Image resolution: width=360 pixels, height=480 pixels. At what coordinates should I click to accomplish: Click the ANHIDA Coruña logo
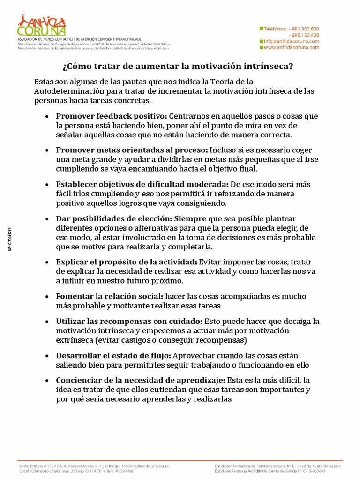(x=41, y=25)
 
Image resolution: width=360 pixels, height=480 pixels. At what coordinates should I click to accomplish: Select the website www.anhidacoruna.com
(x=291, y=47)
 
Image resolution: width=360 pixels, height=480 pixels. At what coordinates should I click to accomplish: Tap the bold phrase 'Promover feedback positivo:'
(x=112, y=116)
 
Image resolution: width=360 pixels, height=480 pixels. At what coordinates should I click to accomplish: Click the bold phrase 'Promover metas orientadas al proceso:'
(x=132, y=150)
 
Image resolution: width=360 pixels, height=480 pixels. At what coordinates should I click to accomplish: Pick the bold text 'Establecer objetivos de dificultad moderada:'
(x=142, y=184)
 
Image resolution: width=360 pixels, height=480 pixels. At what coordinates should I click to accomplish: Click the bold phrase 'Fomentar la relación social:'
(x=110, y=296)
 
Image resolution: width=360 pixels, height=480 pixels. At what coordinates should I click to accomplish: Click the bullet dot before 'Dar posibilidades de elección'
(x=47, y=219)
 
